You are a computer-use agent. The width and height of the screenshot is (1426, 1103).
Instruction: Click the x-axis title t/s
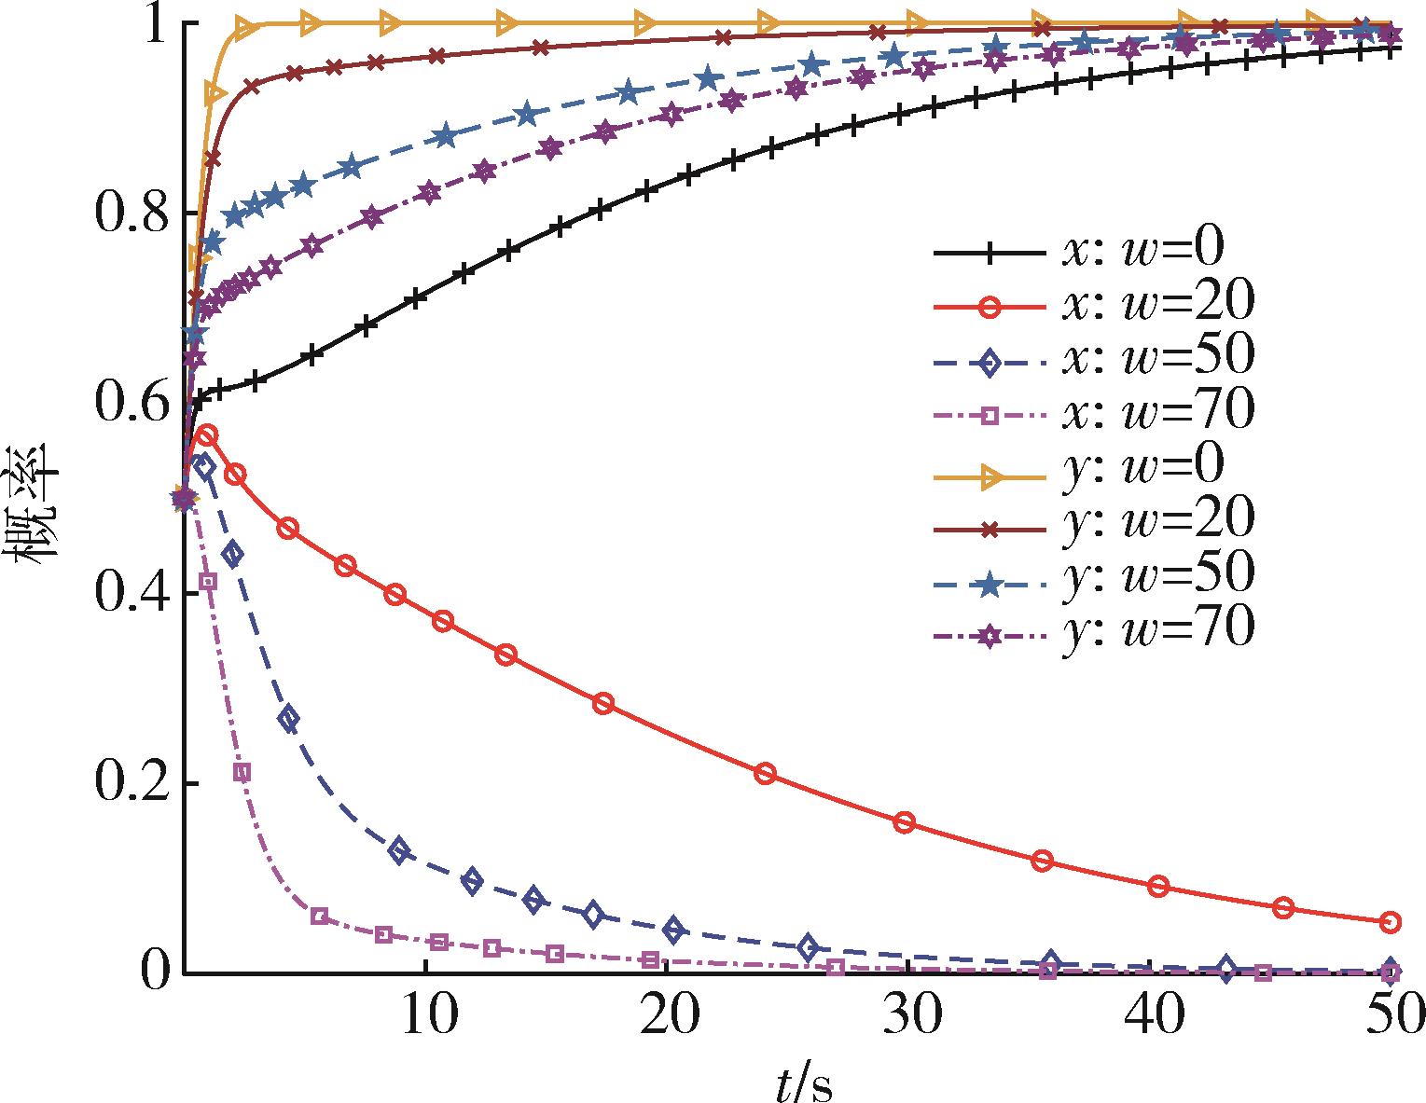click(x=804, y=1082)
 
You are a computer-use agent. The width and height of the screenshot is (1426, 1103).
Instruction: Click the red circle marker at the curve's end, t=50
click(x=1390, y=922)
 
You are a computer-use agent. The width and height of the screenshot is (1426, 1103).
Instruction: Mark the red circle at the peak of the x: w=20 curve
click(x=207, y=435)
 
